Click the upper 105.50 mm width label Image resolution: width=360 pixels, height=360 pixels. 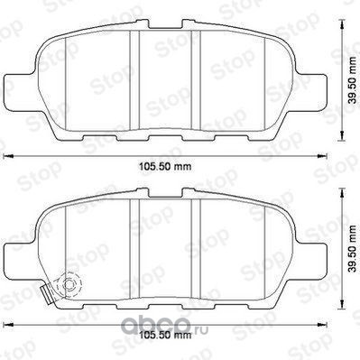165,166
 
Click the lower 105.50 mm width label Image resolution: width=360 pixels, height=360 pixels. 165,335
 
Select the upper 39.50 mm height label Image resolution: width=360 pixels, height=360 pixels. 352,80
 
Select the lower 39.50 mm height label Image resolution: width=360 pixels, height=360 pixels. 352,248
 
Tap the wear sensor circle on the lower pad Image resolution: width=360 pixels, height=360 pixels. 69,283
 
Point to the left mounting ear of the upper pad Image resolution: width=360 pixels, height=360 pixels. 19,91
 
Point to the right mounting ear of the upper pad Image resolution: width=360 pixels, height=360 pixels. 311,91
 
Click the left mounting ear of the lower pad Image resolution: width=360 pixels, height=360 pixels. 19,260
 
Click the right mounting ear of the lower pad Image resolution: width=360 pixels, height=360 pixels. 311,260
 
